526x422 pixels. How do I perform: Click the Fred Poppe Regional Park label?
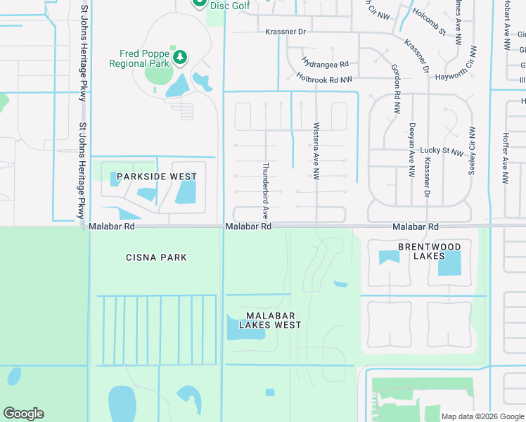click(139, 58)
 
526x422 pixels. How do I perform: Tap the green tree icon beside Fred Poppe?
click(180, 56)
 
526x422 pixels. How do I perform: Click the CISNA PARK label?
click(155, 257)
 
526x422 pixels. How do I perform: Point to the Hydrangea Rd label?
click(325, 63)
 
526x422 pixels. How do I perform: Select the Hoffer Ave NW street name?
click(505, 159)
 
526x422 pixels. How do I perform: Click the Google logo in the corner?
click(23, 414)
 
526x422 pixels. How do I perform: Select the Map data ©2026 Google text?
click(482, 416)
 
